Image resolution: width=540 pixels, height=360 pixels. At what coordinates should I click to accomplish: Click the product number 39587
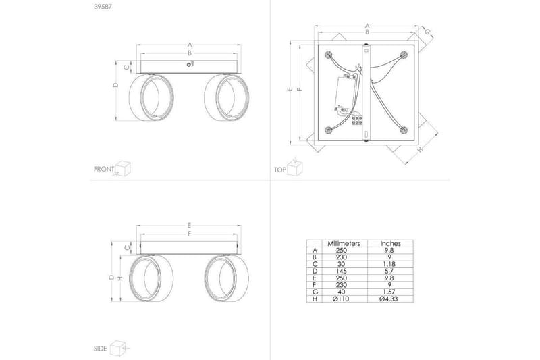(x=103, y=7)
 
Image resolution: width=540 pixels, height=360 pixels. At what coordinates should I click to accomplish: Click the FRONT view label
(x=104, y=169)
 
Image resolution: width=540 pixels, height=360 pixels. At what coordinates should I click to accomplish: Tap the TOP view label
(x=280, y=170)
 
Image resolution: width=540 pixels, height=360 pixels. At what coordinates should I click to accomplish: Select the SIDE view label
(x=100, y=349)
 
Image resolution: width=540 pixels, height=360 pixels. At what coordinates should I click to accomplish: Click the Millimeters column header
(x=344, y=244)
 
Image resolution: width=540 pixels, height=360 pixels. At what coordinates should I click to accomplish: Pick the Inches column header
(x=391, y=244)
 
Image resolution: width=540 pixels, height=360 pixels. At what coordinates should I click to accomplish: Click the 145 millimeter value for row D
(x=341, y=271)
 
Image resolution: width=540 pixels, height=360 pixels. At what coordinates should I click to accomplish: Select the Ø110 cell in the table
(x=341, y=299)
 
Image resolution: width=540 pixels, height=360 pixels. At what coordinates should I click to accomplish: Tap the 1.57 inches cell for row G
(x=389, y=292)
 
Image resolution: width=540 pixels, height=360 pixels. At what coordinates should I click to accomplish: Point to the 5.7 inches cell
(x=389, y=271)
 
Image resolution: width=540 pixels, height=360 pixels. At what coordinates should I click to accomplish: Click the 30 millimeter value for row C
(x=341, y=264)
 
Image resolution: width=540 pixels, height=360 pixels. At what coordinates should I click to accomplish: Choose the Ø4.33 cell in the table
(x=389, y=299)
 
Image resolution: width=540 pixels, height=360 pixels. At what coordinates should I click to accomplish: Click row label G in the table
(x=315, y=292)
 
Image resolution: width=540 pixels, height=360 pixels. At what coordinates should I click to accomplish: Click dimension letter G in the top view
(x=427, y=32)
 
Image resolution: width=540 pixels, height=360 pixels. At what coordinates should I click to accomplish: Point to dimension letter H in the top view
(x=420, y=149)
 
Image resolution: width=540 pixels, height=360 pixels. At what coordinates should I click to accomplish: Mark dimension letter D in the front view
(x=116, y=84)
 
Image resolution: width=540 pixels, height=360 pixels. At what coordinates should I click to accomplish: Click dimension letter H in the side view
(x=120, y=278)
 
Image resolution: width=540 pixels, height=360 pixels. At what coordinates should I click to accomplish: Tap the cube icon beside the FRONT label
(x=124, y=168)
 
